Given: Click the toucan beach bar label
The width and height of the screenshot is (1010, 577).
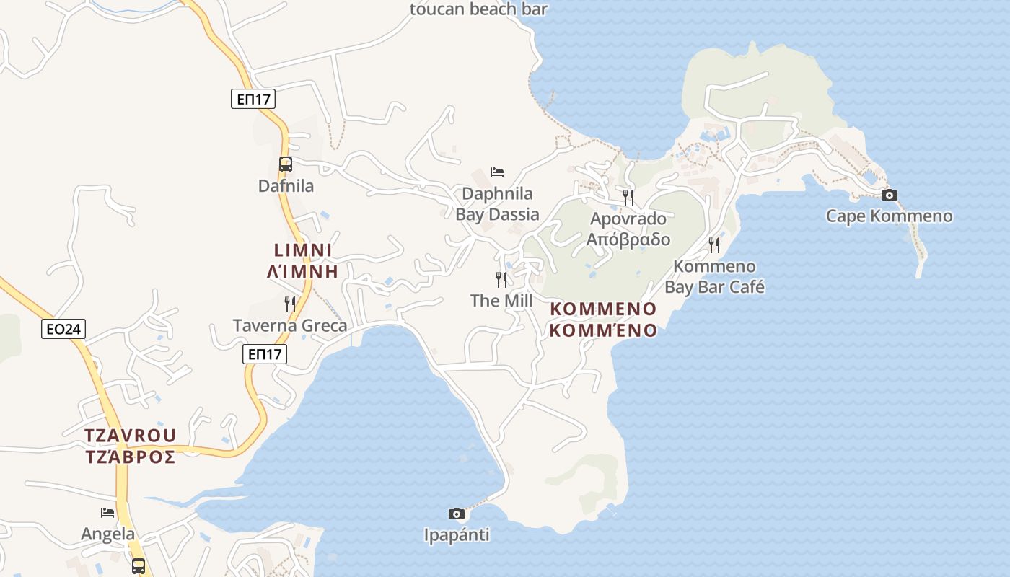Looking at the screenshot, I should [x=478, y=9].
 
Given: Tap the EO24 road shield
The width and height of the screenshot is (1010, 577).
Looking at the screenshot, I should [x=63, y=330].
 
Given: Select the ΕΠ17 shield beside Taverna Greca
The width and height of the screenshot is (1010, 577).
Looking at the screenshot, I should [x=264, y=354].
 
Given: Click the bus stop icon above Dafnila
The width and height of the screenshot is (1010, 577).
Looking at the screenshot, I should [x=286, y=164].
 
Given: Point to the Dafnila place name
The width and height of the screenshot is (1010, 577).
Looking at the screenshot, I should [x=286, y=186].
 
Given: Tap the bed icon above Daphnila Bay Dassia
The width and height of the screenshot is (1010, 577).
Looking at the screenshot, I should [x=497, y=172].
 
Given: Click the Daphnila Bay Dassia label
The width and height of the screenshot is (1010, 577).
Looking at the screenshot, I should [x=497, y=204].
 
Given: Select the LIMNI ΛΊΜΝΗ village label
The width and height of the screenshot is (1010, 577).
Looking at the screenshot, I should [x=303, y=260].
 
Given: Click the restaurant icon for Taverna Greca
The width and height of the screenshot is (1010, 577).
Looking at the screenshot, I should [x=290, y=304].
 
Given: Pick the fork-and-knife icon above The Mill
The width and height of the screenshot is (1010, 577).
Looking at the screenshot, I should [x=501, y=279].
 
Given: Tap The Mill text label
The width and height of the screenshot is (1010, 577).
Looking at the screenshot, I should [x=501, y=301].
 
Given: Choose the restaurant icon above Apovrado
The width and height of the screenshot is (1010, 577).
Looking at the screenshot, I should [x=628, y=197].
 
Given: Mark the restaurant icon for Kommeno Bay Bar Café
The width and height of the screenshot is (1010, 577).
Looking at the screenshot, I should [x=714, y=245].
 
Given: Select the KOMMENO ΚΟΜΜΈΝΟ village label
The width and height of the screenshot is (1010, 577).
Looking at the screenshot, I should [x=603, y=320].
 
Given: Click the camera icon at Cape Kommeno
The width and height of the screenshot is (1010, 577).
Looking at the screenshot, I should [x=890, y=195].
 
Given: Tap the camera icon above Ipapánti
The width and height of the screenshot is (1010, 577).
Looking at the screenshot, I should [x=456, y=514].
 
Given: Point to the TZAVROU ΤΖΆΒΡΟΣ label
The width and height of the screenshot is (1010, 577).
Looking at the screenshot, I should [x=130, y=446].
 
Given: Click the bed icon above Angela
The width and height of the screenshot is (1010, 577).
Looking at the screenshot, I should [x=107, y=513].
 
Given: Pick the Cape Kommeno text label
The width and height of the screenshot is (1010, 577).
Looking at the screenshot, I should [x=889, y=216].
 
